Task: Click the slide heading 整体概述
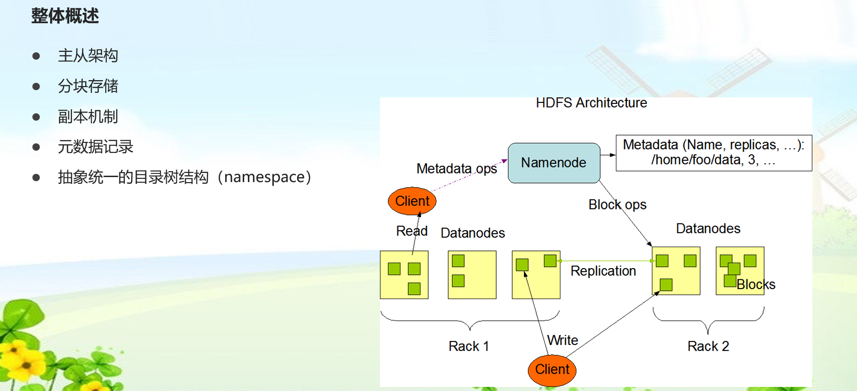click(65, 16)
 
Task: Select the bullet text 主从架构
click(88, 56)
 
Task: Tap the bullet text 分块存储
click(88, 86)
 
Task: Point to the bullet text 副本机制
click(88, 117)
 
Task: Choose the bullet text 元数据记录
click(95, 147)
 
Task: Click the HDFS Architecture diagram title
click(591, 103)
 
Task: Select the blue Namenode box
click(554, 163)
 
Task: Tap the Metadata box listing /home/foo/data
click(713, 152)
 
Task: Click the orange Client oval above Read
click(412, 201)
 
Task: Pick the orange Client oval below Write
click(552, 370)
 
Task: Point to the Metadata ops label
click(456, 169)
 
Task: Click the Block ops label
click(617, 205)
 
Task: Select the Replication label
click(603, 271)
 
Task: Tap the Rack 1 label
click(468, 346)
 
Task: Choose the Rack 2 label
click(708, 346)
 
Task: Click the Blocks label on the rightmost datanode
click(756, 285)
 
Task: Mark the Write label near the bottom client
click(562, 340)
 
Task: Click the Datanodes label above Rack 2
click(708, 229)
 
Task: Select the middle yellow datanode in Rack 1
click(472, 275)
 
